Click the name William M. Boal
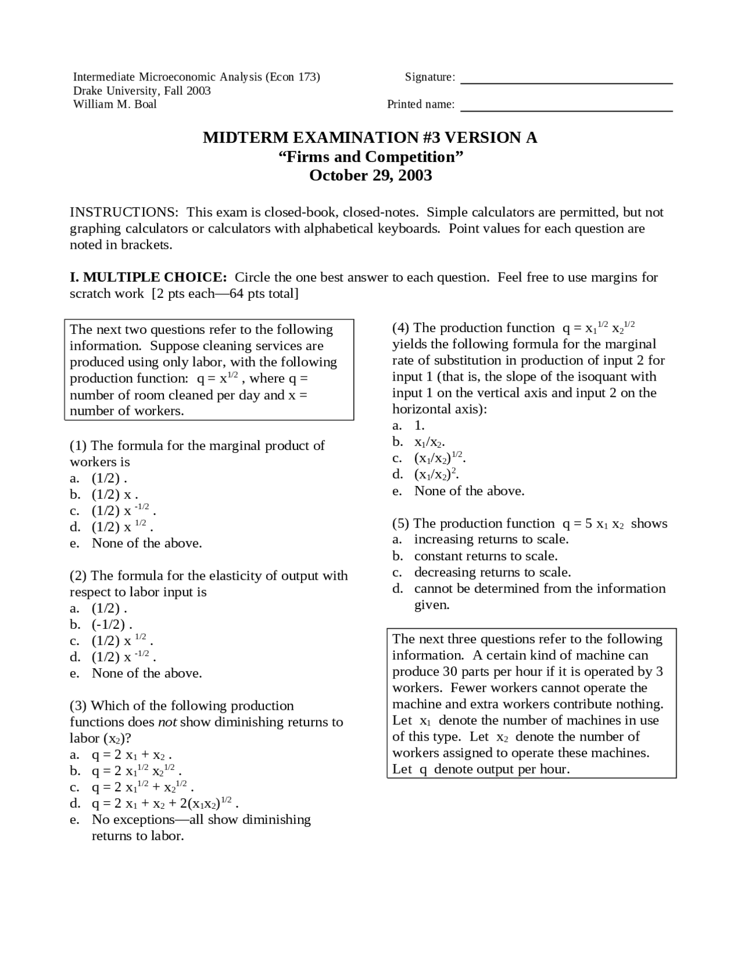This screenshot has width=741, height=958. (115, 104)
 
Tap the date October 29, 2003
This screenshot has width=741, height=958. (370, 175)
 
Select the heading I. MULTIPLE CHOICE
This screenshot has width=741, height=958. (148, 277)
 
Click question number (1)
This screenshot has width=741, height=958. (78, 445)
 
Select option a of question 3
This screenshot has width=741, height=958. (130, 755)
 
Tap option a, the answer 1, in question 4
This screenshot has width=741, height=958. (419, 426)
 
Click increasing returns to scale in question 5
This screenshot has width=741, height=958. (491, 539)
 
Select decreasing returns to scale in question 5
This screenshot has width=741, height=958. (492, 572)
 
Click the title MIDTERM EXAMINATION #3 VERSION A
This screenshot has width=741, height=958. (370, 138)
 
